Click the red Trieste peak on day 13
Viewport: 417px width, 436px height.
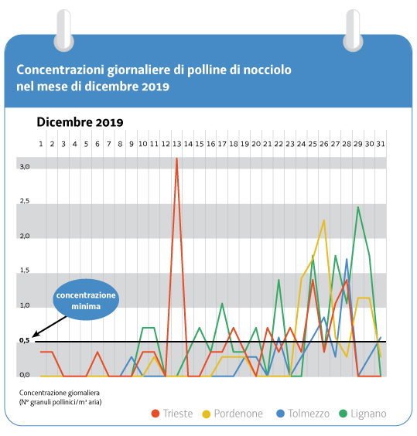(176, 158)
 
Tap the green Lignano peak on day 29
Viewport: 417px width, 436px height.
(358, 207)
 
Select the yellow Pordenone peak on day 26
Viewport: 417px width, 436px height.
(324, 220)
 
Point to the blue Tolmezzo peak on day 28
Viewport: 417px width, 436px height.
(347, 259)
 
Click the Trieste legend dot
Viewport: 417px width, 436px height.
(156, 414)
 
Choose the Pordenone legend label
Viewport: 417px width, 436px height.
(238, 414)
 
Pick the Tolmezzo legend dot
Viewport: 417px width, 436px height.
(280, 414)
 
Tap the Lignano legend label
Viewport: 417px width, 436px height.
(368, 414)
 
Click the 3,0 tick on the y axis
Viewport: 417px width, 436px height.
(25, 167)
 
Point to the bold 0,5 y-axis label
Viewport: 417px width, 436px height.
(25, 340)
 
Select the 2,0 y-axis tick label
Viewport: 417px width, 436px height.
(25, 236)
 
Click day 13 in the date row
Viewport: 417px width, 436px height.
(176, 144)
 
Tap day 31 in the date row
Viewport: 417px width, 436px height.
(381, 144)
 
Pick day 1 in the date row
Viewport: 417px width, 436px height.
(41, 144)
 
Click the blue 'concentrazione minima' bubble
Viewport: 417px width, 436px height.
(86, 300)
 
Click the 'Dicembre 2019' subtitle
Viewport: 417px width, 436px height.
(80, 122)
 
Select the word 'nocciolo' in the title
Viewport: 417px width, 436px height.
(267, 70)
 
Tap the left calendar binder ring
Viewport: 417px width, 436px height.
(63, 31)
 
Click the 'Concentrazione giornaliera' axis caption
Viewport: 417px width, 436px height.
(60, 393)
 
